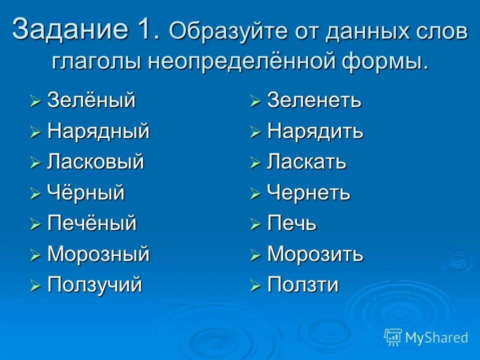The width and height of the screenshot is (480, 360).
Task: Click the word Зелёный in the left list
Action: click(x=91, y=100)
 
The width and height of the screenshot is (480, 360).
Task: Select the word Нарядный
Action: click(x=98, y=131)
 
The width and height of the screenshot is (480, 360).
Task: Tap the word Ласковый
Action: click(x=95, y=162)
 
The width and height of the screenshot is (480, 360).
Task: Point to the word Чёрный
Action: click(x=86, y=193)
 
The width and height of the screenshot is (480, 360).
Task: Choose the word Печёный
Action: click(x=92, y=223)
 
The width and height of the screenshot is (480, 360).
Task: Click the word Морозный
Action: click(x=98, y=254)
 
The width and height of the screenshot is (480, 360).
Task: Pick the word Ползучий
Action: click(x=95, y=285)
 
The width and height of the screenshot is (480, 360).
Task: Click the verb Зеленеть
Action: click(x=314, y=100)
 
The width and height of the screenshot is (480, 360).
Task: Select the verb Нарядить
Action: click(x=315, y=131)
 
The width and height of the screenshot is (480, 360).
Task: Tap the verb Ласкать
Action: click(x=307, y=162)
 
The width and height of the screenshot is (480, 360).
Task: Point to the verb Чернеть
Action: click(x=309, y=193)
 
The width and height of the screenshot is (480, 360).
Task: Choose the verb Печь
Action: click(x=292, y=223)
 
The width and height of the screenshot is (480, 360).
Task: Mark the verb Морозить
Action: click(x=315, y=254)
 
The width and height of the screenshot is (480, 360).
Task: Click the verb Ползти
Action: click(x=303, y=285)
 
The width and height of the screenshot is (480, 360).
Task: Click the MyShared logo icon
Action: click(x=393, y=337)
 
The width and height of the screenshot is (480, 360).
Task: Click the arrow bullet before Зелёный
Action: click(x=35, y=102)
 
